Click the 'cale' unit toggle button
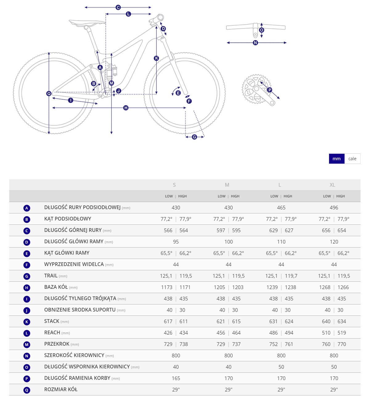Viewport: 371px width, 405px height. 352,159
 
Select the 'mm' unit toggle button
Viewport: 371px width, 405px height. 336,159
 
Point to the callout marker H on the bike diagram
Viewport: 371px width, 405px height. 126,108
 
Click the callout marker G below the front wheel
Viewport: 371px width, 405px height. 194,137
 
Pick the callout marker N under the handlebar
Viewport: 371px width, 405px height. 255,43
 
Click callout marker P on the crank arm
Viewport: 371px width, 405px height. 270,90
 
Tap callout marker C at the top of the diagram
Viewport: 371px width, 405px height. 118,7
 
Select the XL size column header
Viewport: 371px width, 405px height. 332,185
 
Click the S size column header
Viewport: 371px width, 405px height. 174,185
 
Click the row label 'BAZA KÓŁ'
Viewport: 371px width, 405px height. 56,287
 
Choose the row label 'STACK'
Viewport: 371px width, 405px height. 51,321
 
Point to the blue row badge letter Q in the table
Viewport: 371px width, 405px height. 27,390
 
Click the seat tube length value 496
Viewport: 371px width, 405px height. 334,208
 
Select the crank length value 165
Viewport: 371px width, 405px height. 176,378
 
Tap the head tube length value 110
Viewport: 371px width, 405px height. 281,242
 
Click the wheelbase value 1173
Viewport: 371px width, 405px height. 167,287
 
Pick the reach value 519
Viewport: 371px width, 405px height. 342,333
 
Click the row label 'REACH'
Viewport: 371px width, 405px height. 52,332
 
